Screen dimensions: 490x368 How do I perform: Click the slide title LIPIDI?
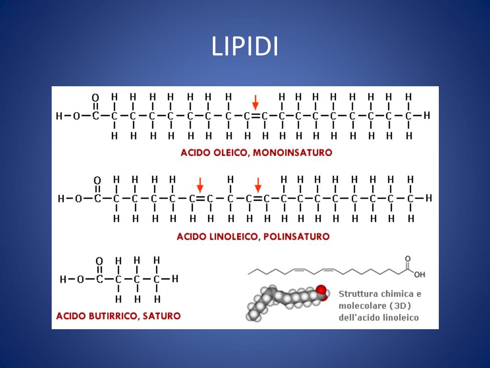[245, 47]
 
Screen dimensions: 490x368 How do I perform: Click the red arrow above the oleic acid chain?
[256, 102]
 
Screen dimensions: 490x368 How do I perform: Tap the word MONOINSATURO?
[292, 153]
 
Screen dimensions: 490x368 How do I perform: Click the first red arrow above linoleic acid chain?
[200, 185]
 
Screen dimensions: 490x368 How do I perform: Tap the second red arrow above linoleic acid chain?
[258, 185]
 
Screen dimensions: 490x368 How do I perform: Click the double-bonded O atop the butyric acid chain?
[99, 262]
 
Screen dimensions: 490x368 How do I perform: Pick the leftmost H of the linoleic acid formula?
[61, 198]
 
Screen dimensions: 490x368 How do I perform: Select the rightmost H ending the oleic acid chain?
[427, 115]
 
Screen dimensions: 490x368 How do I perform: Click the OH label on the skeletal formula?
[419, 275]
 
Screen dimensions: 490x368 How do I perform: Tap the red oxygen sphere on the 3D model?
[321, 291]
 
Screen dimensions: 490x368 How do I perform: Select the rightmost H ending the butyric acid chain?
[175, 279]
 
